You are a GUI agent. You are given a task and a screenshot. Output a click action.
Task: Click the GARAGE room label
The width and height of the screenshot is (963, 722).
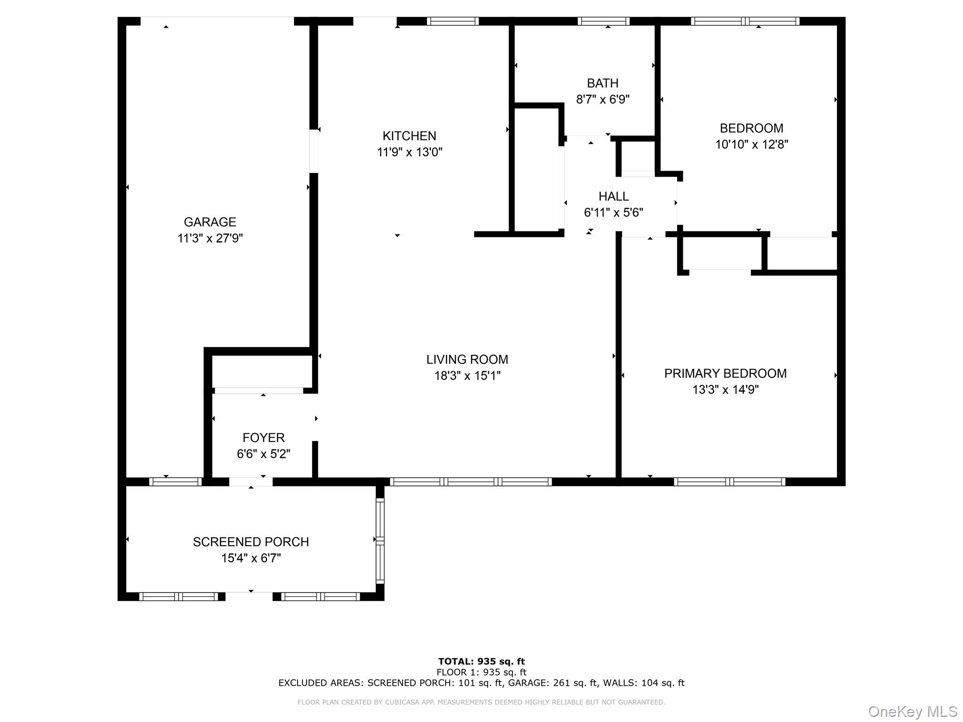click(210, 222)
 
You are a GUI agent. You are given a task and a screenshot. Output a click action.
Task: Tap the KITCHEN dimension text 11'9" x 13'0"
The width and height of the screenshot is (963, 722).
click(410, 152)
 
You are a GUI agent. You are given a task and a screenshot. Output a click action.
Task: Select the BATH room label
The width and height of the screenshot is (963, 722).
click(602, 83)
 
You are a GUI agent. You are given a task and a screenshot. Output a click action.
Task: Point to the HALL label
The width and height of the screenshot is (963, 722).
click(614, 196)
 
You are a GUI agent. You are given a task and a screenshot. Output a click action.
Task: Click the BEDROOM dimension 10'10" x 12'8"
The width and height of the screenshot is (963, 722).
click(751, 144)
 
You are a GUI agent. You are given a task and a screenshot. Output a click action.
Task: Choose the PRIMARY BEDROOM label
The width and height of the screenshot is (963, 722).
click(725, 373)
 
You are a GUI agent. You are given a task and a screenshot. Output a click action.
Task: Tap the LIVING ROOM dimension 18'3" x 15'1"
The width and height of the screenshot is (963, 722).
click(467, 376)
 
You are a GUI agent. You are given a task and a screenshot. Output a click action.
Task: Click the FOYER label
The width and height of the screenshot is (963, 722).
click(263, 438)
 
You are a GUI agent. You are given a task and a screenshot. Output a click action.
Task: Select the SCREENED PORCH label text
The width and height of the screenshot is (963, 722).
click(251, 542)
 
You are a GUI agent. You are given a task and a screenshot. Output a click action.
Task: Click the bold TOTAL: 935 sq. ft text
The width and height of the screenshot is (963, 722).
click(481, 661)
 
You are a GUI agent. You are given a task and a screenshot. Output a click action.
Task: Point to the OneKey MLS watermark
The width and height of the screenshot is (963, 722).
click(912, 711)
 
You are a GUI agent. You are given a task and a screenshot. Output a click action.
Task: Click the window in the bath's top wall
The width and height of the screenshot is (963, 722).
click(603, 21)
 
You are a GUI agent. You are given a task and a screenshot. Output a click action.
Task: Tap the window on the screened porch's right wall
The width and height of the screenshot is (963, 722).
click(380, 541)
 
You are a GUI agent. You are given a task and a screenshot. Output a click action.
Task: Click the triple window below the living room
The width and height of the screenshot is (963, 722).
click(471, 481)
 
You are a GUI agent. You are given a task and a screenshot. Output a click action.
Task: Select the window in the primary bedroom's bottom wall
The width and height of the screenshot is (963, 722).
click(729, 481)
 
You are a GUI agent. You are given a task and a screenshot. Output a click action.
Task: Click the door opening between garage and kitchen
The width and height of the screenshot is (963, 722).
click(314, 151)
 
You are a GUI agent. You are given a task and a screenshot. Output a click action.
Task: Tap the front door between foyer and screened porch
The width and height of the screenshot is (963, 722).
click(251, 481)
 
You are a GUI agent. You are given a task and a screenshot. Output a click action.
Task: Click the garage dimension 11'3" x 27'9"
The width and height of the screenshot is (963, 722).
click(210, 238)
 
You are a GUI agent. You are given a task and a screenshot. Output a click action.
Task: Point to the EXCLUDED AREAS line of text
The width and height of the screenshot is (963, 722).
click(481, 683)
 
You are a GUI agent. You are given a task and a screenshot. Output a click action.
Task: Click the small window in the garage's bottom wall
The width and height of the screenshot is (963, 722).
click(175, 481)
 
